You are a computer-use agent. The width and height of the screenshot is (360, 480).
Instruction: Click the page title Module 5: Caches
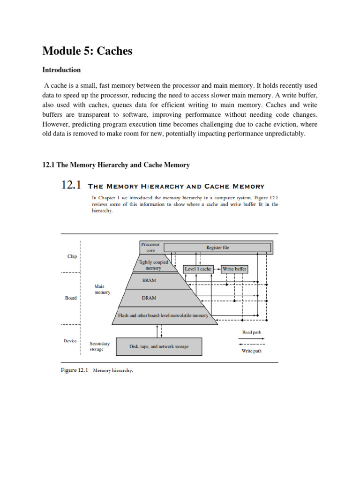(87, 51)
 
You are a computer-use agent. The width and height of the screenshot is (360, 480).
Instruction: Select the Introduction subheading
(61, 70)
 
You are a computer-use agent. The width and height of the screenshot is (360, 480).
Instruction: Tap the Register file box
(217, 247)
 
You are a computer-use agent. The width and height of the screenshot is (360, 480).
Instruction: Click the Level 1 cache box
(198, 269)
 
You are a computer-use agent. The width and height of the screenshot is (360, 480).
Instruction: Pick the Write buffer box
(234, 269)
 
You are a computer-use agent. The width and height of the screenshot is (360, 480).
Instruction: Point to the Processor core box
(150, 247)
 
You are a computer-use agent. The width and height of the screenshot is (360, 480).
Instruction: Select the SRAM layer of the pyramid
(149, 280)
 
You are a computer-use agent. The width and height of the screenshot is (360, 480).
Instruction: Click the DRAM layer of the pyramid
(149, 298)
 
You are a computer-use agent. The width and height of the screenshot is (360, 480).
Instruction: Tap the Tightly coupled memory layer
(153, 265)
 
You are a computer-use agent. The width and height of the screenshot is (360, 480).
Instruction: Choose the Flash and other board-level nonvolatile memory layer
(163, 316)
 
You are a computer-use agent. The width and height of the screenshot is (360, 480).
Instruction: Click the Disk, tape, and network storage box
(159, 346)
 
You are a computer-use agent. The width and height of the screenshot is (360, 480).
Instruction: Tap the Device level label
(70, 341)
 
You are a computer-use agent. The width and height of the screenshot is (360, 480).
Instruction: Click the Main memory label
(102, 289)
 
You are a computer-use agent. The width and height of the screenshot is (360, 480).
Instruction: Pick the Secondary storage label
(99, 346)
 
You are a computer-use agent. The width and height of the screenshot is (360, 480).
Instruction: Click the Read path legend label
(251, 332)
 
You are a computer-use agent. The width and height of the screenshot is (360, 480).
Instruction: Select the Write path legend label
(251, 351)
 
